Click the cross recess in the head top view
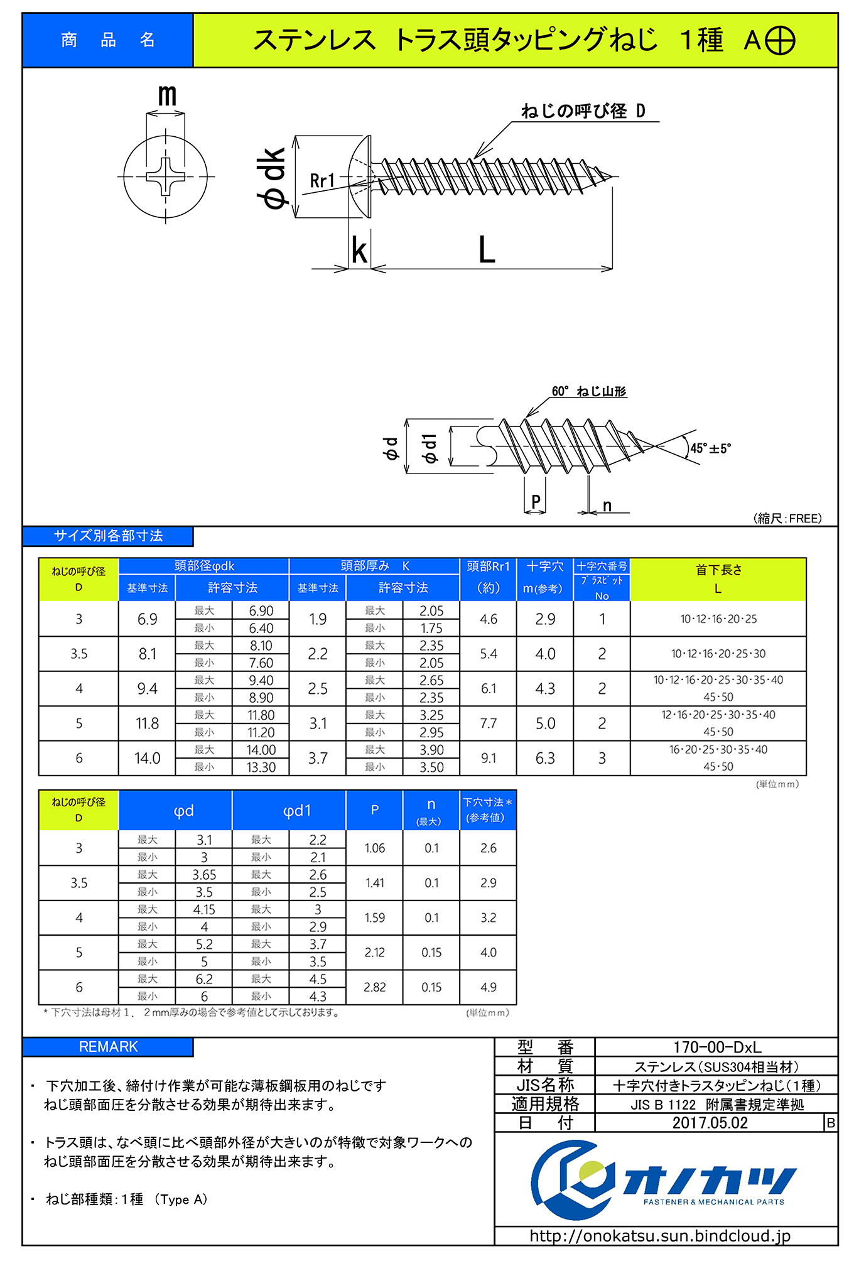(x=166, y=176)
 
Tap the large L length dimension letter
(x=487, y=249)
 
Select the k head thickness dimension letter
(x=359, y=251)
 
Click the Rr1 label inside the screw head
(x=322, y=181)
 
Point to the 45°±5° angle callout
(x=710, y=448)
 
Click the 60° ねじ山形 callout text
(x=588, y=391)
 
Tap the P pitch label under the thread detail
(x=536, y=501)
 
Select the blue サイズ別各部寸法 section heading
(x=108, y=536)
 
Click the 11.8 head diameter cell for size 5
(x=147, y=723)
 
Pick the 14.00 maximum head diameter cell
(x=261, y=750)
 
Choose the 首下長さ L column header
(x=718, y=579)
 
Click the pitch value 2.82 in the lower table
(x=374, y=987)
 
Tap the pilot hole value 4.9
(x=488, y=987)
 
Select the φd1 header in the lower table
(x=296, y=811)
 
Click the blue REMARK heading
(x=108, y=1047)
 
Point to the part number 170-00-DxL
(x=716, y=1047)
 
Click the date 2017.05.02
(x=710, y=1123)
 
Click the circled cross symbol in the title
(x=779, y=41)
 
